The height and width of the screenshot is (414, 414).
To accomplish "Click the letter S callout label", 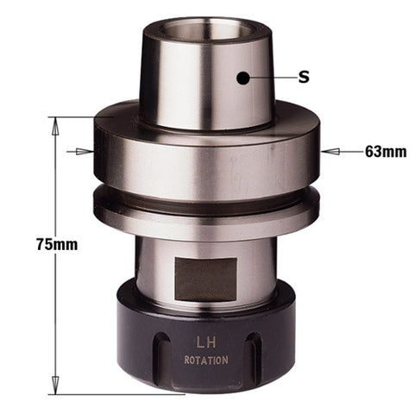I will (x=304, y=78).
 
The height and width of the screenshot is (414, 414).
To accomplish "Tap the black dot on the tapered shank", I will (x=243, y=78).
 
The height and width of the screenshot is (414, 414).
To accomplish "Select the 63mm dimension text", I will (x=385, y=152).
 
